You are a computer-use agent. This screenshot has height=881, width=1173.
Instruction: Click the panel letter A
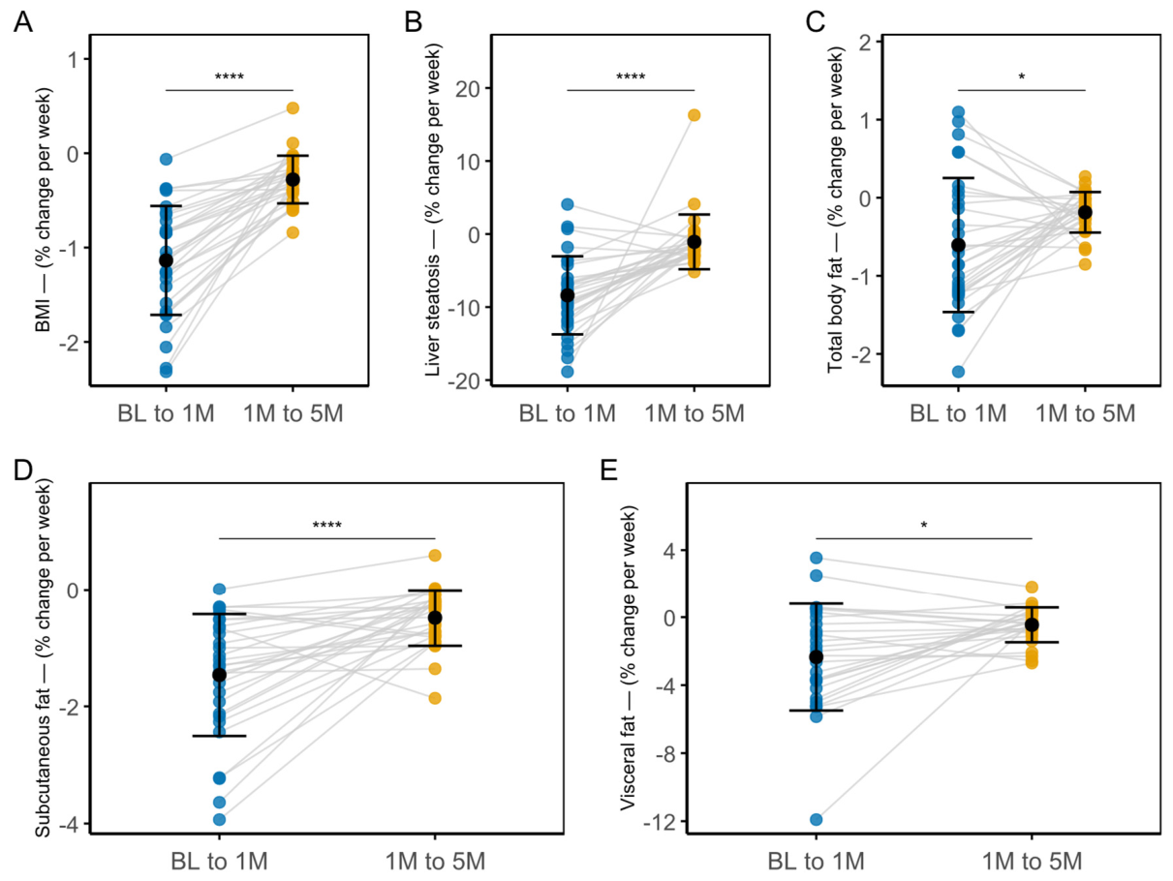point(23,22)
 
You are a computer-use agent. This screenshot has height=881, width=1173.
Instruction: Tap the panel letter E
point(609,471)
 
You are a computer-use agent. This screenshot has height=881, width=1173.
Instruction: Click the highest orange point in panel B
point(694,115)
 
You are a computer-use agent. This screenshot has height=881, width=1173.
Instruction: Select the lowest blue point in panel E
point(816,820)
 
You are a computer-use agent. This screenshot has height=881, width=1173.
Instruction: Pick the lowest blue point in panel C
point(958,372)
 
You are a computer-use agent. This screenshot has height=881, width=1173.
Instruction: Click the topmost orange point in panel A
point(293,107)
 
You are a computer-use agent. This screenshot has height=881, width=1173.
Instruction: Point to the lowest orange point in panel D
point(435,698)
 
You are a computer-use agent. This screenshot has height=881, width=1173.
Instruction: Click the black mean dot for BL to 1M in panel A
point(166,260)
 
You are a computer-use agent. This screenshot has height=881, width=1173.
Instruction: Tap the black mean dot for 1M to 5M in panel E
point(1032,624)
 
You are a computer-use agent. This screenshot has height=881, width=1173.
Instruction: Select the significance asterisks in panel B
point(631,76)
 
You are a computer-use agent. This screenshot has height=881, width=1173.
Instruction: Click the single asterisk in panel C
point(1022,77)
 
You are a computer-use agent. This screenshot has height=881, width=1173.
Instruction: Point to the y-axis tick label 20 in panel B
point(467,89)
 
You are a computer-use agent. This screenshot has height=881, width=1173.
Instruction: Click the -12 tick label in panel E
point(661,822)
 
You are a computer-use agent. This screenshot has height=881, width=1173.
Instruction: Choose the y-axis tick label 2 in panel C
point(865,42)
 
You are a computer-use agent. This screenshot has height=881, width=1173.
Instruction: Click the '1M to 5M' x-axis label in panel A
point(293,413)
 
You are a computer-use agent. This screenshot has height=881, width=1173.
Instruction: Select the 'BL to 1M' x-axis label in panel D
point(219,862)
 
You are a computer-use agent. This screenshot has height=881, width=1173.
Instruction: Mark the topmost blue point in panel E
point(816,558)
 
